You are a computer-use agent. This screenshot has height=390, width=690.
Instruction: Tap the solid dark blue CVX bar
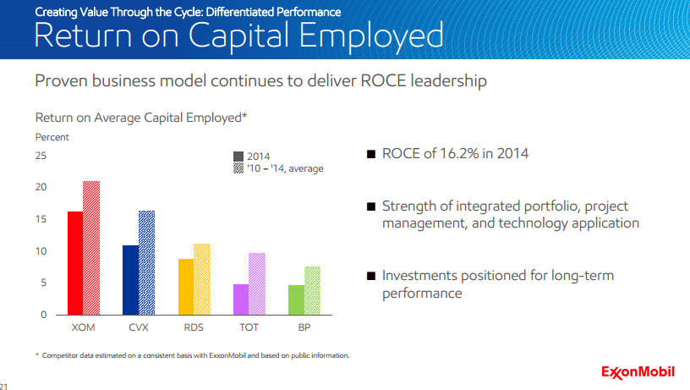coord(130,279)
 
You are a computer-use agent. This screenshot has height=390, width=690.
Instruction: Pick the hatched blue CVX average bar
coord(146,262)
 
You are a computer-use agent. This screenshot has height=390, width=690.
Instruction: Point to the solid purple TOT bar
coord(241,299)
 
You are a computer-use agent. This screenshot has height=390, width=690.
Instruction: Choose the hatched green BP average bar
coord(312,290)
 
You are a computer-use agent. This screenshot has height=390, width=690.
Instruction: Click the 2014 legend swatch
coord(238,157)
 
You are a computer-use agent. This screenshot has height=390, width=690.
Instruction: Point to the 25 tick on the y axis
coord(41,157)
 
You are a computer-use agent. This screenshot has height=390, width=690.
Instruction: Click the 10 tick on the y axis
coord(41,251)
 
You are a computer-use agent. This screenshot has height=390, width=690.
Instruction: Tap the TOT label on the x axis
coord(249,326)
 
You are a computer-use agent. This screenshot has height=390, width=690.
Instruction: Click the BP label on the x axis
coord(304,326)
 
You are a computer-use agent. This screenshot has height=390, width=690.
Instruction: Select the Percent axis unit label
coord(52,137)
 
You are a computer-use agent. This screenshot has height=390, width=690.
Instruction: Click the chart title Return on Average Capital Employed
coord(140,118)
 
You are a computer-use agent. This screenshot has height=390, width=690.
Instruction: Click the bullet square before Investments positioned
coord(370,276)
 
